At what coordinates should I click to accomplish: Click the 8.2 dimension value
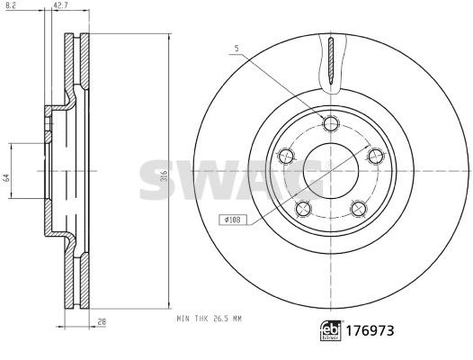[10, 4]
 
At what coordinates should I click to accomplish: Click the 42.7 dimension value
[59, 4]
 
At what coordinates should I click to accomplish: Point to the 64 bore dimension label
[7, 178]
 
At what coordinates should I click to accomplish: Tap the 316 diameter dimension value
[164, 175]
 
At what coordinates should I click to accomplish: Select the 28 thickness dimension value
[103, 322]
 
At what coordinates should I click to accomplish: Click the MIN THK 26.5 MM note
[209, 319]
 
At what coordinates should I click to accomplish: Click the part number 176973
[370, 331]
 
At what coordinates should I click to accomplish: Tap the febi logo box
[331, 331]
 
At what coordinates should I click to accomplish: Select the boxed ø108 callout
[233, 220]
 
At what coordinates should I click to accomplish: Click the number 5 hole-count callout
[236, 48]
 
